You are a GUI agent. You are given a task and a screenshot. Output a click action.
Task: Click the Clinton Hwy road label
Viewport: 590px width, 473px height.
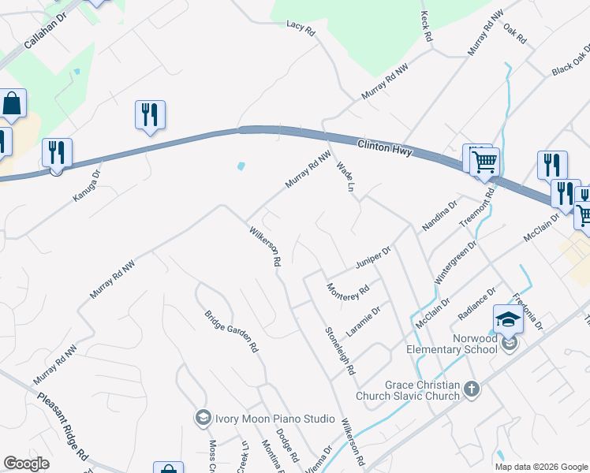[384, 147]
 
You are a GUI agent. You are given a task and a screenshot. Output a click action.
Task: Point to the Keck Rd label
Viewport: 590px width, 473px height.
[427, 26]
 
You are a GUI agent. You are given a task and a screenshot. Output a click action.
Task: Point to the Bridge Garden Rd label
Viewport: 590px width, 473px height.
[232, 330]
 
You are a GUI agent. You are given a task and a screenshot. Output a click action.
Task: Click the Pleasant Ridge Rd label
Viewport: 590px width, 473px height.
[62, 426]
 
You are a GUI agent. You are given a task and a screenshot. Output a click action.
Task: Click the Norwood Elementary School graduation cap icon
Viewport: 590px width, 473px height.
[508, 319]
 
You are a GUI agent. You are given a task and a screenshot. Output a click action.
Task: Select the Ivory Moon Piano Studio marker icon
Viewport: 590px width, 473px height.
[203, 417]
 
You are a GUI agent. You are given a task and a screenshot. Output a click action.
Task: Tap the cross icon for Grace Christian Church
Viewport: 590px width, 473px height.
[472, 389]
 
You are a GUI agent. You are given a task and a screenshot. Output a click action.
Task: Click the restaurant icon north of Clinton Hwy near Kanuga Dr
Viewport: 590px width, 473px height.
[148, 115]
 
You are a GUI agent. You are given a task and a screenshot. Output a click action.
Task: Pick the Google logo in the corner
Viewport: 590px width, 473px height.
[26, 464]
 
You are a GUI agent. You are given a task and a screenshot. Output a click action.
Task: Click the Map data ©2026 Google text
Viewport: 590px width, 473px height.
[541, 467]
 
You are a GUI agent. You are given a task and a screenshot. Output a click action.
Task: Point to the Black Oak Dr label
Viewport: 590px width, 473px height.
[570, 60]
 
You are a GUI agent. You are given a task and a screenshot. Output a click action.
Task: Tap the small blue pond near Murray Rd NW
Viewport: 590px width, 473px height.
[240, 166]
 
